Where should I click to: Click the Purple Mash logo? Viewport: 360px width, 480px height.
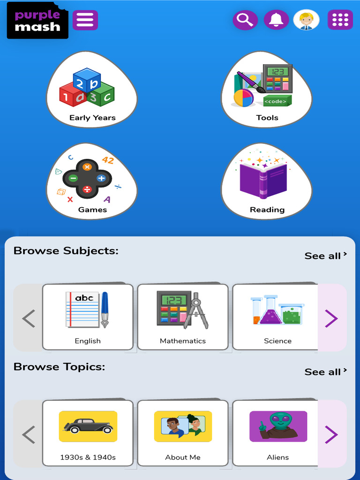coord(37,21)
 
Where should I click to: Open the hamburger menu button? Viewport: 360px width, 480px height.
coord(85,20)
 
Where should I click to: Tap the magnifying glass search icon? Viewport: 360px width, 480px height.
coord(245,20)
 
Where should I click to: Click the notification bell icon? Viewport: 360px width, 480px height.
coord(276,20)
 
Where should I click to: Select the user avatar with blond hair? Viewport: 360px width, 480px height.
coord(306,20)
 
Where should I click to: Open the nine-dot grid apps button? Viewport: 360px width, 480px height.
coord(340,20)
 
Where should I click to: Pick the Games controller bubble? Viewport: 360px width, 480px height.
coord(92,182)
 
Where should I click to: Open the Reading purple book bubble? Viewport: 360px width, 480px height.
coord(267,182)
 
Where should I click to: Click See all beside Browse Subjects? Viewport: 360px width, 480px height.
coord(326,256)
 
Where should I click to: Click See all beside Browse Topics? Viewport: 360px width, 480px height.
coord(326,372)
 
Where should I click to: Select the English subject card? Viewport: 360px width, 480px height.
coord(88,317)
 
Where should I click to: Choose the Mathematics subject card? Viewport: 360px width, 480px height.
coord(183,317)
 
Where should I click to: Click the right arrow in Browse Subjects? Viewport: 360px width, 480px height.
coord(332,318)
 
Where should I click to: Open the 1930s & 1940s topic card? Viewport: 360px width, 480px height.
coord(88,433)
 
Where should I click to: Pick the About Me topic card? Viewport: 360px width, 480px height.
coord(183,433)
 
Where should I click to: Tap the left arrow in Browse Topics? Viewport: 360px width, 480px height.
coord(29,435)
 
